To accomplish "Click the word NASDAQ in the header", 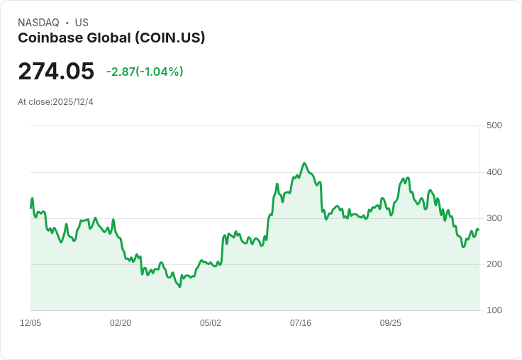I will pyautogui.click(x=38, y=23).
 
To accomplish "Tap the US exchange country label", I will pyautogui.click(x=82, y=23).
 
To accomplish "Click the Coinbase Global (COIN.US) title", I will pyautogui.click(x=111, y=38).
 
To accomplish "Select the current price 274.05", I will pyautogui.click(x=56, y=72).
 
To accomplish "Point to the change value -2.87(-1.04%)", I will pyautogui.click(x=145, y=72).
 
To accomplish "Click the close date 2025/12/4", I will pyautogui.click(x=73, y=102).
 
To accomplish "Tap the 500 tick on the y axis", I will pyautogui.click(x=494, y=125).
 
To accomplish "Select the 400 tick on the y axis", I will pyautogui.click(x=494, y=172).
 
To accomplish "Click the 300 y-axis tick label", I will pyautogui.click(x=494, y=218).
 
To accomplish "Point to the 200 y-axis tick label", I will pyautogui.click(x=494, y=264).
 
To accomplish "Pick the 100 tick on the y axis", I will pyautogui.click(x=494, y=310).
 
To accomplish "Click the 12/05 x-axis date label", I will pyautogui.click(x=30, y=323).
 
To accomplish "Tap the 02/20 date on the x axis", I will pyautogui.click(x=121, y=323).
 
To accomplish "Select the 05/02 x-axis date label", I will pyautogui.click(x=211, y=323).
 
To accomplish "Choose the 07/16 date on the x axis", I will pyautogui.click(x=301, y=323).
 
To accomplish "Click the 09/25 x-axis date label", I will pyautogui.click(x=391, y=323).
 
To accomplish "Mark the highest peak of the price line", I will pyautogui.click(x=304, y=163).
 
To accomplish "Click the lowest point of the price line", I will pyautogui.click(x=179, y=287).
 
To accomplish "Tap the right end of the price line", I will pyautogui.click(x=479, y=230).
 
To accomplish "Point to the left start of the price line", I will pyautogui.click(x=30, y=207).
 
